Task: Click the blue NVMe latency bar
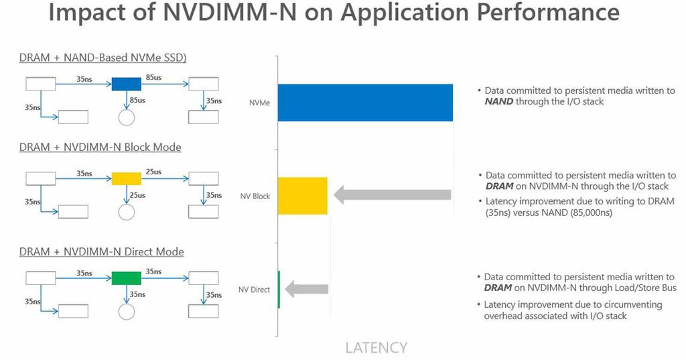[x=365, y=103]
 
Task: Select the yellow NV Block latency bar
[x=302, y=196]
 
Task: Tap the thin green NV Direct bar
[x=279, y=289]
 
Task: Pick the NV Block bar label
[x=255, y=196]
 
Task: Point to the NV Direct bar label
[x=254, y=290]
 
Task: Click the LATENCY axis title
[x=376, y=347]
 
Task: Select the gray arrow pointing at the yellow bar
[x=392, y=195]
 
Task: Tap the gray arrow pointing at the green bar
[x=307, y=289]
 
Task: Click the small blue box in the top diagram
[x=126, y=84]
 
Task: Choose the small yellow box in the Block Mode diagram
[x=126, y=178]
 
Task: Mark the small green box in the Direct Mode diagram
[x=126, y=278]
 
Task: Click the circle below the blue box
[x=127, y=118]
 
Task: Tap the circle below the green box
[x=127, y=312]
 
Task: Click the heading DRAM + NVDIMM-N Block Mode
[x=100, y=147]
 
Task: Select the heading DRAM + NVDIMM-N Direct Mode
[x=101, y=251]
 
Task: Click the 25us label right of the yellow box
[x=153, y=172]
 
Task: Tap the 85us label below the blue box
[x=137, y=100]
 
